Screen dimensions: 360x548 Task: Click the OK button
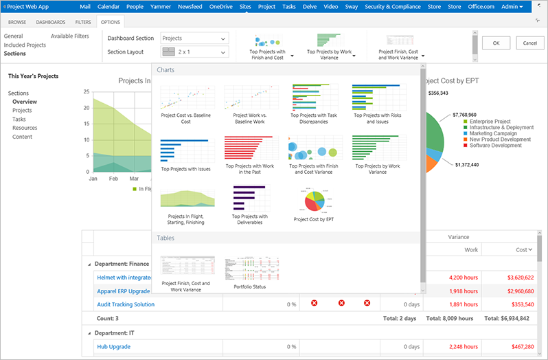(496, 43)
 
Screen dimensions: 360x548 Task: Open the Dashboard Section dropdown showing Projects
(194, 38)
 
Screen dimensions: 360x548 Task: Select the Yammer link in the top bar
(159, 6)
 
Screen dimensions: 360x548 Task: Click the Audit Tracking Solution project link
(126, 304)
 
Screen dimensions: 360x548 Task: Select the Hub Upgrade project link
(113, 347)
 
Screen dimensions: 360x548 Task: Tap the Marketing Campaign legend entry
(493, 133)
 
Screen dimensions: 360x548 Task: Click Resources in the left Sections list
(25, 128)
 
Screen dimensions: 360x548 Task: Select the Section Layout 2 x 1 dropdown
(194, 52)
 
